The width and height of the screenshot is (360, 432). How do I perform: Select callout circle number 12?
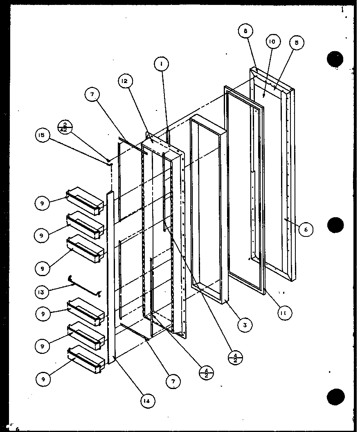click(125, 81)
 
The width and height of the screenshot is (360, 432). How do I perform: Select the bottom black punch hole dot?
click(337, 397)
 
